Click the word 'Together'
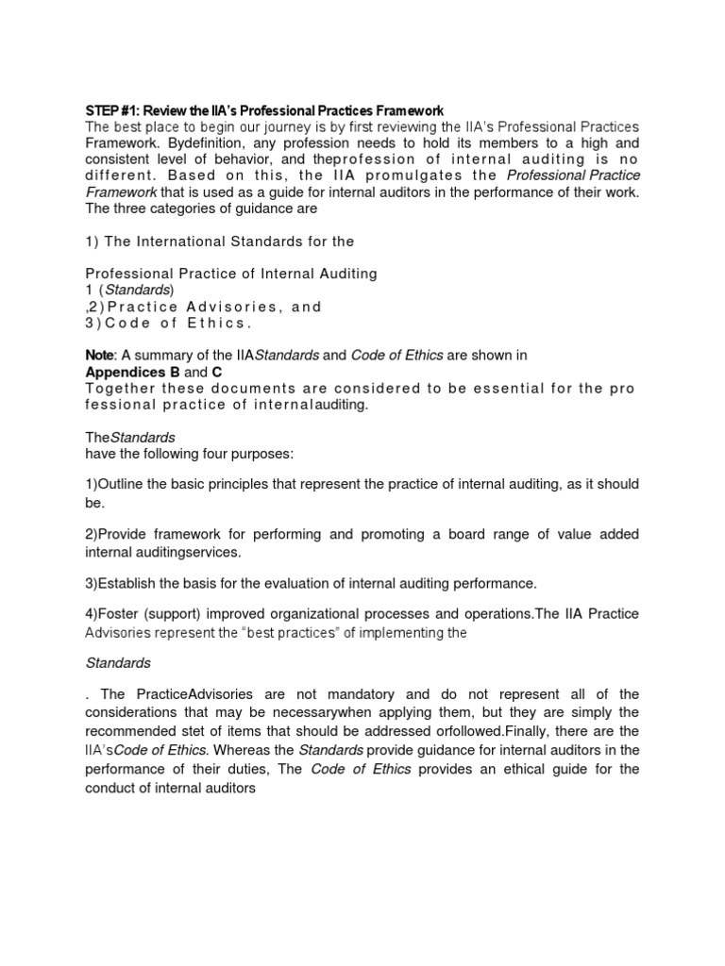121,389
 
